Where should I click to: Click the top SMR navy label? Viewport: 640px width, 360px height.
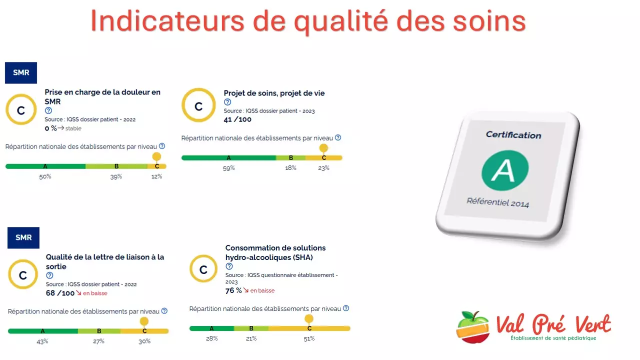[21, 72]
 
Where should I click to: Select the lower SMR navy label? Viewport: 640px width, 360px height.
[23, 237]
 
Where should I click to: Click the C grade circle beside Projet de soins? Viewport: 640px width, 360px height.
[198, 106]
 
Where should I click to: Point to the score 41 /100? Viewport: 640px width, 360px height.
[237, 119]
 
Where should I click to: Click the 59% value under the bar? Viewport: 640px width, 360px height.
[228, 168]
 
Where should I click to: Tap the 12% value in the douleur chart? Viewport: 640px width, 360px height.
[156, 176]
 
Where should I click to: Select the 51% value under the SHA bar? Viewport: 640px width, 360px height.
[309, 338]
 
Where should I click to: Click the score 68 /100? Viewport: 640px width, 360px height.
[60, 293]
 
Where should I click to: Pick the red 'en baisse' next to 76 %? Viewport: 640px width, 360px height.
[262, 290]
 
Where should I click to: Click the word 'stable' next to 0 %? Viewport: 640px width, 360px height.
[73, 128]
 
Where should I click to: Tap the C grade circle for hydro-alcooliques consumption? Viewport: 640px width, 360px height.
[203, 270]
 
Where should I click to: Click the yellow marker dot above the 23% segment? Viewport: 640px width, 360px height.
[323, 148]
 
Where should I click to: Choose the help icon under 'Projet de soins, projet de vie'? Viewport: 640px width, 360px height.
[227, 102]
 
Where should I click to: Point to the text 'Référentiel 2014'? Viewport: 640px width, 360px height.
[497, 202]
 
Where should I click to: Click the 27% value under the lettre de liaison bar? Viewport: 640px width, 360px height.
[98, 341]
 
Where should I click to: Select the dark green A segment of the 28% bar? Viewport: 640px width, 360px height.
[211, 328]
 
